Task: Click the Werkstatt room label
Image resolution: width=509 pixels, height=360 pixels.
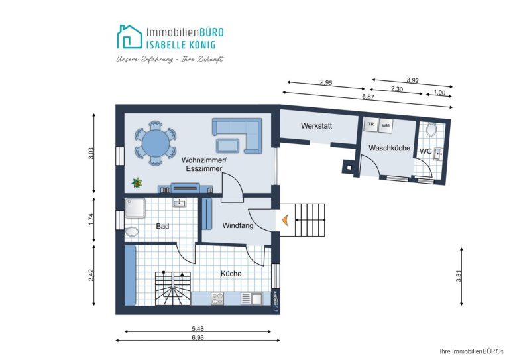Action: pos(316,125)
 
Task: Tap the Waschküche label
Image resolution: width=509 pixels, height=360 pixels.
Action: pos(389,148)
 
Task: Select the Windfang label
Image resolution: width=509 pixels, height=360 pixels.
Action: pos(238,225)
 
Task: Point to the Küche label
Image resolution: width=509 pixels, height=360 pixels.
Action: pos(231,274)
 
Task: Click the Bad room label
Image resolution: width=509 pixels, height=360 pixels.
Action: pos(162,226)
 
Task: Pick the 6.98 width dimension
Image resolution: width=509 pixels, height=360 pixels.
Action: pos(198,337)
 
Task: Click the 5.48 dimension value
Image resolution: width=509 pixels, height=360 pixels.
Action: pos(198,329)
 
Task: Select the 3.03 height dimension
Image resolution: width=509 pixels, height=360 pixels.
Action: pos(91,153)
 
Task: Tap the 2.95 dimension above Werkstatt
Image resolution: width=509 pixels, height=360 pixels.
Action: pos(326,82)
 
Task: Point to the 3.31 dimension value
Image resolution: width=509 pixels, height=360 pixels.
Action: pos(459,276)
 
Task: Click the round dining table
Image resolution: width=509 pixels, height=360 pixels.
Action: pos(156,143)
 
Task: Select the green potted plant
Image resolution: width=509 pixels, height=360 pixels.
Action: pos(137,183)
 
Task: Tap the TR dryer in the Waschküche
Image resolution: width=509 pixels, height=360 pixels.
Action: pos(370,125)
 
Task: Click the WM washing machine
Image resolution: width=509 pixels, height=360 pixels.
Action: pos(386,125)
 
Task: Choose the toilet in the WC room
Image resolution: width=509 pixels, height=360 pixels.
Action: pos(431,129)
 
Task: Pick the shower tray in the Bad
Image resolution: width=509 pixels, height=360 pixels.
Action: pos(135,208)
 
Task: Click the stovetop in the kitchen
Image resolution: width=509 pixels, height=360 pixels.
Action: pos(217,298)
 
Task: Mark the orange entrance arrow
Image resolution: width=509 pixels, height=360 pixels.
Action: pos(285,220)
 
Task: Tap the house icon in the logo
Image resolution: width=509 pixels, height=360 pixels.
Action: pos(129,36)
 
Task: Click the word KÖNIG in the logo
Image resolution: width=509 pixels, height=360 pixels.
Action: pos(199,44)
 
